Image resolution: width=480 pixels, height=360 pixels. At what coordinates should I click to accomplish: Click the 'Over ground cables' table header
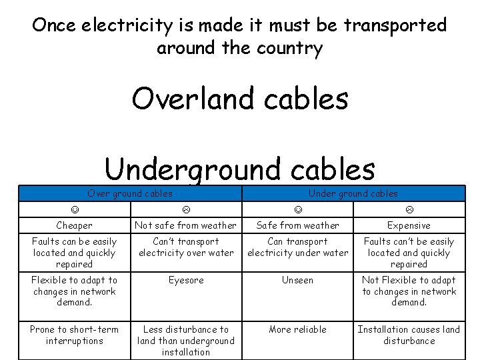(130, 194)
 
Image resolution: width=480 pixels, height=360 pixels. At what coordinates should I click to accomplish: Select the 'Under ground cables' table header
(353, 194)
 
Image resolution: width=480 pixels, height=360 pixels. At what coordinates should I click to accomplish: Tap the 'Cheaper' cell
(75, 226)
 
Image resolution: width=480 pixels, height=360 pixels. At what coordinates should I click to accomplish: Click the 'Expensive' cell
(409, 226)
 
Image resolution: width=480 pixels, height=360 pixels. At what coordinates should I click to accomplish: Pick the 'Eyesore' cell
(186, 281)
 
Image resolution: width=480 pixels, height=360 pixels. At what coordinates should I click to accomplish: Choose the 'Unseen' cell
(297, 281)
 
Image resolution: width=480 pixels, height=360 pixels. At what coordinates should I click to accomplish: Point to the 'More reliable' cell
(297, 329)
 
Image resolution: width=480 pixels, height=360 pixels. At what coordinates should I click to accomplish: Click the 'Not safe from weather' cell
(186, 226)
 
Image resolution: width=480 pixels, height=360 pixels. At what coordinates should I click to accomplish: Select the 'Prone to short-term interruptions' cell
(75, 335)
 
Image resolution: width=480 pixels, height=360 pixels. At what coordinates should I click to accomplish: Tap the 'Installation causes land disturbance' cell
(409, 335)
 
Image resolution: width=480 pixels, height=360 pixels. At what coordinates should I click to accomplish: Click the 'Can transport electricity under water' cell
(297, 247)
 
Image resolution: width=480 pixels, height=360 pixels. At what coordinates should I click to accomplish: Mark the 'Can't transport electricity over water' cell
(186, 247)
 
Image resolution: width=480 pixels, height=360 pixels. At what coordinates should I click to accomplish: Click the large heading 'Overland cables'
(240, 99)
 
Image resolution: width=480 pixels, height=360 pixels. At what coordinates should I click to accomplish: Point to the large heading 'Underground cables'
(240, 169)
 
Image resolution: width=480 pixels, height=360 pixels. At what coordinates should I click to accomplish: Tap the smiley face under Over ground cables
(75, 210)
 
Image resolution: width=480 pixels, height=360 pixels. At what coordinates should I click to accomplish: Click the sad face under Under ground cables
(409, 210)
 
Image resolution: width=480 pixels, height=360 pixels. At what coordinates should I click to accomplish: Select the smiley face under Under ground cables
(297, 210)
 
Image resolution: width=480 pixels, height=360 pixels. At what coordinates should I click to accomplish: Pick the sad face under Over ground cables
(186, 210)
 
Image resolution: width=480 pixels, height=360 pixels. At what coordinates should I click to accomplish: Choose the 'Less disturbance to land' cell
(186, 341)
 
